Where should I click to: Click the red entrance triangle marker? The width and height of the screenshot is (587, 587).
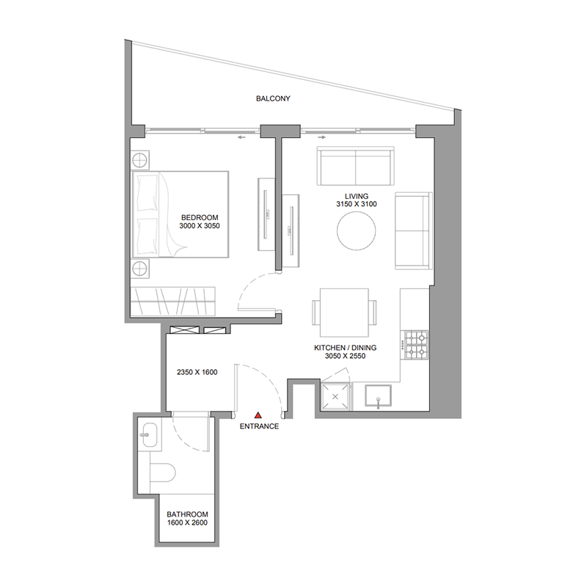(x=257, y=415)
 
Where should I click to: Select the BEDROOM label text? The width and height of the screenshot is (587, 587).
(x=200, y=217)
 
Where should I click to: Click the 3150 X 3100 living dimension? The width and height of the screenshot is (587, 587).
(x=356, y=205)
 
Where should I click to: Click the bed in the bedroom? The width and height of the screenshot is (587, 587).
(x=181, y=214)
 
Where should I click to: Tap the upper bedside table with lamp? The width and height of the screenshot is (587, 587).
(x=140, y=160)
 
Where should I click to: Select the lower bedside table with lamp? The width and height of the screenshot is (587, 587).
(x=140, y=267)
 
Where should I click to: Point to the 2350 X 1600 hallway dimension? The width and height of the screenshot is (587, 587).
(x=197, y=372)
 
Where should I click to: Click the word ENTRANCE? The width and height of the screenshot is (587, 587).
(x=259, y=426)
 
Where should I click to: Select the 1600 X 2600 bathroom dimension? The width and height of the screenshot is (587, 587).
(x=187, y=523)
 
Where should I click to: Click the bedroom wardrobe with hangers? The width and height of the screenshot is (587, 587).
(x=175, y=302)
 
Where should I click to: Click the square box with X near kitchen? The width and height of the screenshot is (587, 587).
(x=336, y=396)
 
